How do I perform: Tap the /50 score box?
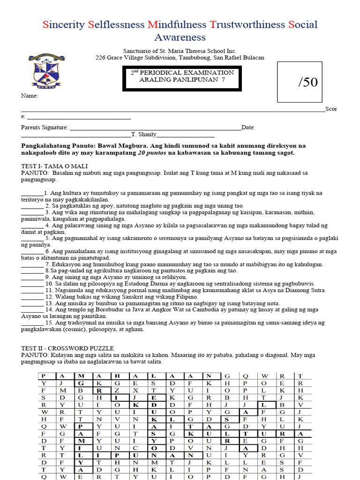pos(299,82)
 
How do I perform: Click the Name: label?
pos(29,96)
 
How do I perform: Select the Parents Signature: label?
pos(45,127)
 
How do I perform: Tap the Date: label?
pos(248,127)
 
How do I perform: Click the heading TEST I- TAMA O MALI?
pos(54,166)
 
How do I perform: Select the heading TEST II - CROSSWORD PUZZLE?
pos(67,348)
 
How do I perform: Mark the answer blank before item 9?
pos(32,277)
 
